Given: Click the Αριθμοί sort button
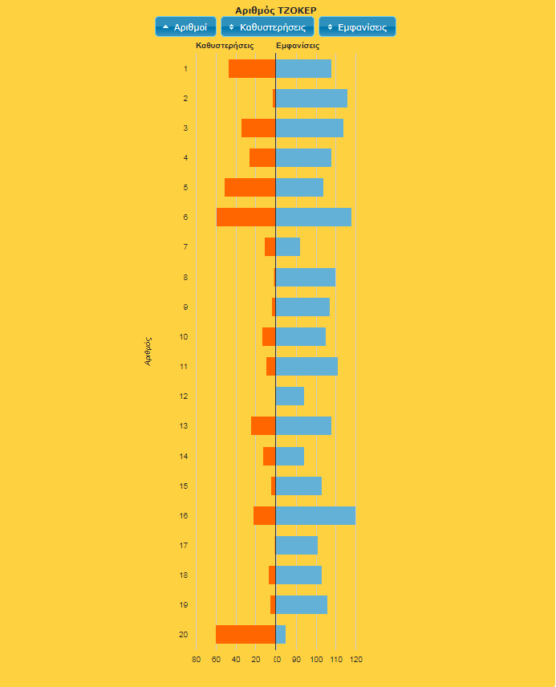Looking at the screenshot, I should coord(185,26).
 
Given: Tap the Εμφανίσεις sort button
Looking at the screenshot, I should coord(357,26).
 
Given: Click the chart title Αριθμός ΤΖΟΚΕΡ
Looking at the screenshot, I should coord(275,10).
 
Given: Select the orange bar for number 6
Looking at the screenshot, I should coord(246,217).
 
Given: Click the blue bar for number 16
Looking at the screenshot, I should coord(315,515).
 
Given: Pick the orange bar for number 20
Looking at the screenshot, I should coord(246,634).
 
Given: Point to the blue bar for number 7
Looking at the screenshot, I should coord(288,246).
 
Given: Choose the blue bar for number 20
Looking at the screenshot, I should coord(281,634).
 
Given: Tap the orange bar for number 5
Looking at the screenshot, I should coord(250,187).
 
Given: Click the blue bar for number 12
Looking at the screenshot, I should coord(290,396).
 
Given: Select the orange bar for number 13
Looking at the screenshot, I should coord(263,425).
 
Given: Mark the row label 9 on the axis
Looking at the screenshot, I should coord(185,307).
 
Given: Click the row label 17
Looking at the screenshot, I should coord(184,545).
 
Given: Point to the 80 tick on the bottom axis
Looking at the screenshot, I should coord(196,660).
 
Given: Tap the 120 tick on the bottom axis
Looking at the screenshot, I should coord(356,660).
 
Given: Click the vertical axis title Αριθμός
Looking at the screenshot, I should coord(148,351).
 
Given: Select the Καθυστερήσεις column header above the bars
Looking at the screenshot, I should coord(225,46).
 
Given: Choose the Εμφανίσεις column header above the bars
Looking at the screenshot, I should coord(298,46).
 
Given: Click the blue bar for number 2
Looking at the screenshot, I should coord(311,98).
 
